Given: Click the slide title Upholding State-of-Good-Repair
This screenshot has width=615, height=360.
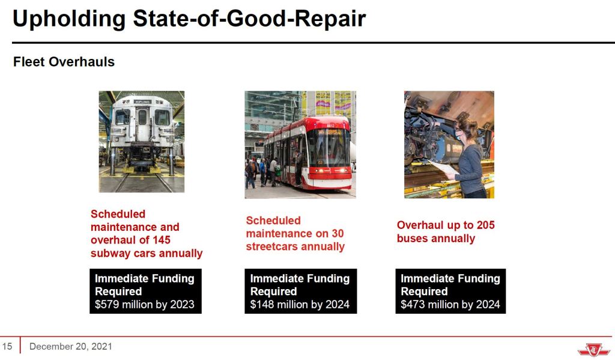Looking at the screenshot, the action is point(189,19).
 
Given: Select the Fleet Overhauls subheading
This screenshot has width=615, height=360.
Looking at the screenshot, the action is point(64,62).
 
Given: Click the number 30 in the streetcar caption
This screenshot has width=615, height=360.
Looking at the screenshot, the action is point(338,233).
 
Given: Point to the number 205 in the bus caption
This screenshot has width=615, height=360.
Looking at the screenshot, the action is point(485,225).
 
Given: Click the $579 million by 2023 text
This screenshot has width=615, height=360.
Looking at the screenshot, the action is point(144,304).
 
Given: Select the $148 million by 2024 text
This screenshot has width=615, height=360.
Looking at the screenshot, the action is point(300,304).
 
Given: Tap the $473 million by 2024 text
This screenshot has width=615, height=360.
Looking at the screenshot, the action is point(450,304).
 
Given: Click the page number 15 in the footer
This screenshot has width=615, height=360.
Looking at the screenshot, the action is point(7,346).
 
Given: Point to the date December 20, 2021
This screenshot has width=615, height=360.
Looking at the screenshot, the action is point(71,346).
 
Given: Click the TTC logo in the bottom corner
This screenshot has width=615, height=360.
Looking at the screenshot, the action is point(594,349).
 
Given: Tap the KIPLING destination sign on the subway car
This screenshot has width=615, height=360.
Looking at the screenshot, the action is point(142,102).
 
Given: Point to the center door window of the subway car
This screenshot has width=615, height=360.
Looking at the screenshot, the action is point(142,117).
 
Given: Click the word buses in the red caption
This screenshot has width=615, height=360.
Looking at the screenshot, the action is point(412,239).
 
